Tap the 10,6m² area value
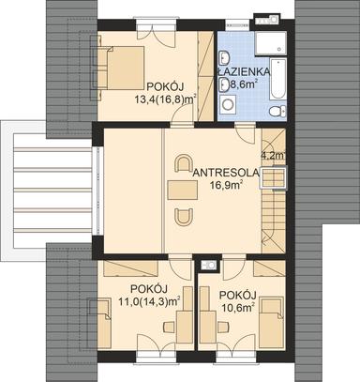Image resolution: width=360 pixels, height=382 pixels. pyautogui.click(x=238, y=305)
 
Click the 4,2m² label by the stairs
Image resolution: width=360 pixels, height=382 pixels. pyautogui.click(x=272, y=156)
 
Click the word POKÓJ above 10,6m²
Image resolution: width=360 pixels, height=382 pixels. pyautogui.click(x=237, y=291)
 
